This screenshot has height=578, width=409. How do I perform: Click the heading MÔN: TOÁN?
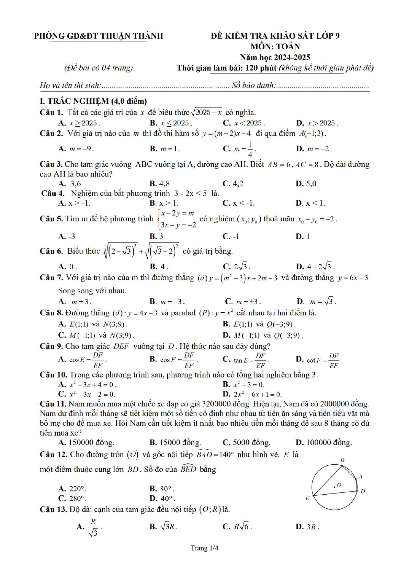[x=275, y=46]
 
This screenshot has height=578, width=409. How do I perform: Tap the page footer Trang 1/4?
[x=204, y=548]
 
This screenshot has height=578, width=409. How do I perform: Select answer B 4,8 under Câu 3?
[x=160, y=184]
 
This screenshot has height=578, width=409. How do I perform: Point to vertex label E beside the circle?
[x=307, y=498]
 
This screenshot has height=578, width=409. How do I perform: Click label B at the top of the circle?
[x=342, y=460]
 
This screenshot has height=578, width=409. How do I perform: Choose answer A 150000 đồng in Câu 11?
[x=87, y=442]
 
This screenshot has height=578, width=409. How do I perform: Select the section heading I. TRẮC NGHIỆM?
[x=93, y=101]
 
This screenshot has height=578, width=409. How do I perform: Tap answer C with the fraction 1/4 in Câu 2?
[x=240, y=149]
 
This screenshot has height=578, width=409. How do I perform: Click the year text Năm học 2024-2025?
[x=275, y=57]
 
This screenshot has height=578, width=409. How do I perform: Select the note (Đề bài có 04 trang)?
[x=99, y=68]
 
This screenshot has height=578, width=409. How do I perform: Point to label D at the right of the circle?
[x=363, y=491]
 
